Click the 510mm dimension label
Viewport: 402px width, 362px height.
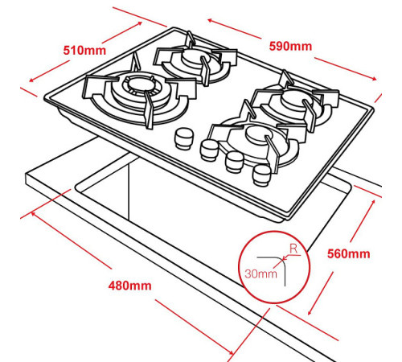pyautogui.click(x=84, y=51)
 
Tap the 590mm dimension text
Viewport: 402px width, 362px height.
pyautogui.click(x=290, y=46)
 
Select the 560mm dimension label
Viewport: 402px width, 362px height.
pyautogui.click(x=349, y=253)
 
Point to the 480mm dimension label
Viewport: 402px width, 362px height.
pyautogui.click(x=129, y=286)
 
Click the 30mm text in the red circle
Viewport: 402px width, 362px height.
pyautogui.click(x=260, y=274)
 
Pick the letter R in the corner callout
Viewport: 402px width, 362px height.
pyautogui.click(x=293, y=249)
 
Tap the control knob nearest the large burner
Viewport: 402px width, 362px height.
pyautogui.click(x=183, y=138)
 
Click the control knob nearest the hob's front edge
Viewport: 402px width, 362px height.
pyautogui.click(x=261, y=175)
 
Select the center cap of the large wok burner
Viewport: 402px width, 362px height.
pyautogui.click(x=140, y=84)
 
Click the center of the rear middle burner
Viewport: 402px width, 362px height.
pyautogui.click(x=192, y=56)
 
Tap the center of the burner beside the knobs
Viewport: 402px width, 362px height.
pyautogui.click(x=258, y=134)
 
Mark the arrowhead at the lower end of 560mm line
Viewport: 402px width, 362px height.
pyautogui.click(x=310, y=312)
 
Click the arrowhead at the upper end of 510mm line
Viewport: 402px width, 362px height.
pyautogui.click(x=140, y=23)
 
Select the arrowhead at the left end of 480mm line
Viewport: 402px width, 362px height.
pyautogui.click(x=33, y=214)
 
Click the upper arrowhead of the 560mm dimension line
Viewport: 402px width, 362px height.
pyautogui.click(x=373, y=203)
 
